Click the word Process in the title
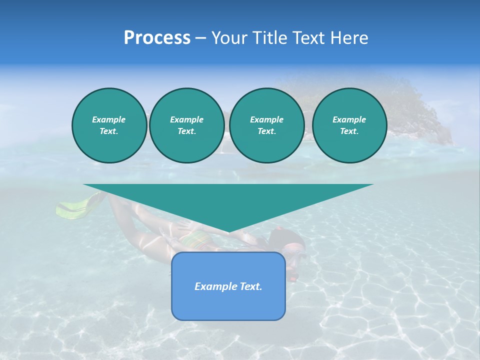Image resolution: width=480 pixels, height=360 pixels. [x=157, y=38]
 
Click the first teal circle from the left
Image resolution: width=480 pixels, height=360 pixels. [x=109, y=125]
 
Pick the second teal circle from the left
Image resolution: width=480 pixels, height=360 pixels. [x=186, y=125]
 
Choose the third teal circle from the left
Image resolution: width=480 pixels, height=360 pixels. [x=266, y=125]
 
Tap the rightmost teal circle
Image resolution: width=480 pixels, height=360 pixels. [x=349, y=125]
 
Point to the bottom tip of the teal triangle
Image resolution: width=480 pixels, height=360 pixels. [x=228, y=231]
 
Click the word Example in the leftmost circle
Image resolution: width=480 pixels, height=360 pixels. [x=109, y=119]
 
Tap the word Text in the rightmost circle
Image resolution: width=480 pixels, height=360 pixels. [x=349, y=131]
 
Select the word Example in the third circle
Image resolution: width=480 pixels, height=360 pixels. [x=266, y=119]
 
